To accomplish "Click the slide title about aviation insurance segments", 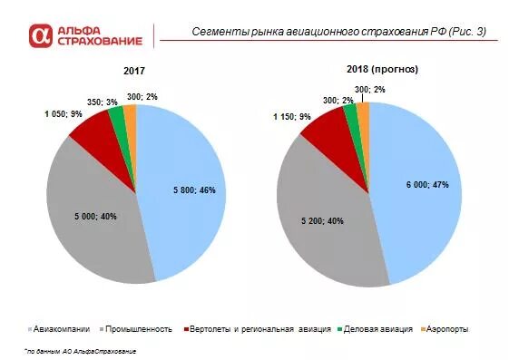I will [338, 32].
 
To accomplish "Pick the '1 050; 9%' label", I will [64, 114].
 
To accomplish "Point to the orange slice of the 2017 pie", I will [131, 112].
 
